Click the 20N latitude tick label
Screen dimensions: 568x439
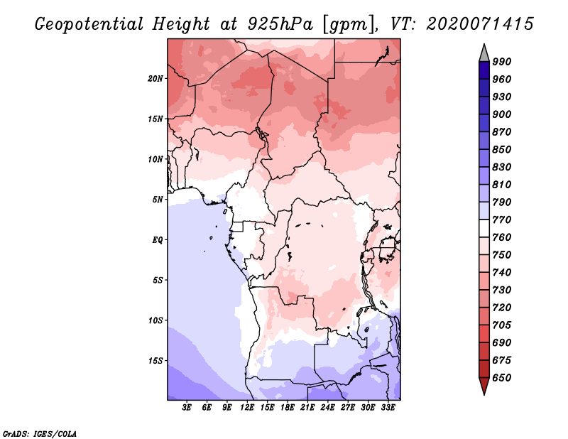[155, 79]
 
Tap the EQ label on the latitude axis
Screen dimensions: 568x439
[158, 240]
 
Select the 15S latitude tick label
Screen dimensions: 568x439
[155, 361]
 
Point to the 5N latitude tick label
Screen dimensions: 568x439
[158, 200]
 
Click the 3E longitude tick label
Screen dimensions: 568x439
[187, 408]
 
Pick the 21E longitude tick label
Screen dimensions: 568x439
[307, 408]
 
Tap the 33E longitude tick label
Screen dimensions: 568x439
[388, 408]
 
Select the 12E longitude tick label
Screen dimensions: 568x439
[247, 408]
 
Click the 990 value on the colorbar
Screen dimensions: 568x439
[502, 62]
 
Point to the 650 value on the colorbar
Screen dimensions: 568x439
[502, 378]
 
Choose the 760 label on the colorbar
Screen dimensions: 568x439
[502, 237]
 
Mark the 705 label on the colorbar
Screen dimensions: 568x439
[502, 325]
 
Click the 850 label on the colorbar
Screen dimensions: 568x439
[502, 149]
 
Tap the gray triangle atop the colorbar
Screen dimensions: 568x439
[484, 53]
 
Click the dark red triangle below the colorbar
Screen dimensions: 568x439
[484, 386]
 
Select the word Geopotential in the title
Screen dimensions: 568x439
[89, 24]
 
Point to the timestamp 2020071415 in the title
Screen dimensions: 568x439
[480, 24]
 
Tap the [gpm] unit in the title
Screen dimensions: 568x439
[348, 25]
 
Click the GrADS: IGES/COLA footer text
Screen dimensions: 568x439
[40, 433]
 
